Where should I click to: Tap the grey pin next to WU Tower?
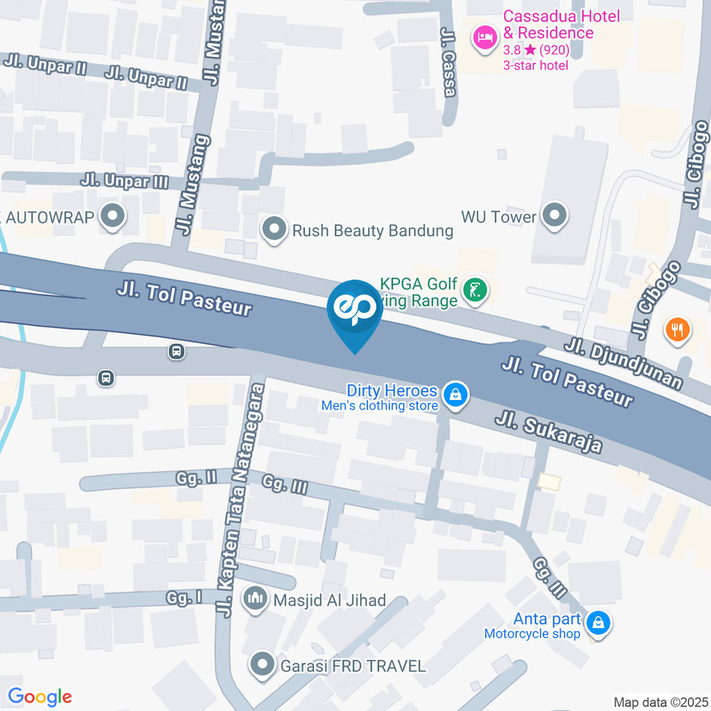pos(553,216)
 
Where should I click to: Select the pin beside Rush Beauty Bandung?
pos(275,230)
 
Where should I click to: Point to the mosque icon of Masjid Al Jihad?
pos(257,598)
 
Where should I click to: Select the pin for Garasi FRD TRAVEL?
pos(261,665)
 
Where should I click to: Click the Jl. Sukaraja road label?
pos(548,433)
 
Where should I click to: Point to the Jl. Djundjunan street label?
pos(623,364)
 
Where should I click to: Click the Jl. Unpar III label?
pos(125,180)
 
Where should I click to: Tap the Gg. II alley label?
pos(196,478)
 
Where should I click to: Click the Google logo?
pos(39,696)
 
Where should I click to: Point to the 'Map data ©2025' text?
pos(661,701)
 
